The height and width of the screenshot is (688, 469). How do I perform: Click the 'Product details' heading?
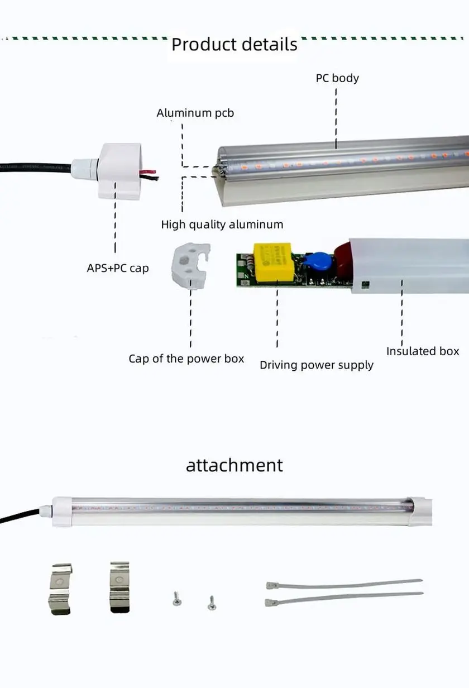234,44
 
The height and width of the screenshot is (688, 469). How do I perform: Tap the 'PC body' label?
337,78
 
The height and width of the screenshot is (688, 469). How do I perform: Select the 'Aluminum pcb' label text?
195,113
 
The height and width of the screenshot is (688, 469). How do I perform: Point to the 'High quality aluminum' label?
222,224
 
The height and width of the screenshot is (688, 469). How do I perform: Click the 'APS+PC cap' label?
117,268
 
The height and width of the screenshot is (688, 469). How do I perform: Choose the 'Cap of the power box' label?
186,359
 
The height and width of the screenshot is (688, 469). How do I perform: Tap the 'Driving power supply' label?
316,365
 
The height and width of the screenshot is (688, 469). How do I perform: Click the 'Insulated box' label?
422,351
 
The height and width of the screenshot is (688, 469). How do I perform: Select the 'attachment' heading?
234,465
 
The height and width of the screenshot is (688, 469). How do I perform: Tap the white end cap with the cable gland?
119,170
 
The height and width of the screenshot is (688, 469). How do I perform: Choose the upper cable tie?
343,584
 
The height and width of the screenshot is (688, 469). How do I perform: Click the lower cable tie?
343,598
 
